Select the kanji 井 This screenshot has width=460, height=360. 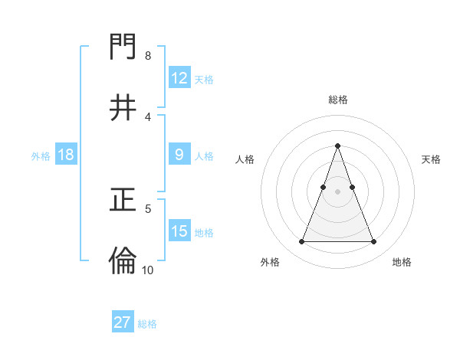pos(123,108)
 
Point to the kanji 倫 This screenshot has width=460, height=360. pos(123,261)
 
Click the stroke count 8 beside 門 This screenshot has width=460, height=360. pos(148,56)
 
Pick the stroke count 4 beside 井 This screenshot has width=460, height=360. pos(148,116)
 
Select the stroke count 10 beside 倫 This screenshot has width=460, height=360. pos(148,270)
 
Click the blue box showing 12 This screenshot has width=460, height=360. pos(179,78)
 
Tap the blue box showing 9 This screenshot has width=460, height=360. pos(179,155)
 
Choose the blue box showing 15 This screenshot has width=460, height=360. pos(179,231)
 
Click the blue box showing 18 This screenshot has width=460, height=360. pos(66,155)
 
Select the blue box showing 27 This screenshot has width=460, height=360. pos(123,322)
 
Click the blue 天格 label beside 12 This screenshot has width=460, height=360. pos(204,79)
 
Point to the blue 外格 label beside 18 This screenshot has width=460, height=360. pos(41,155)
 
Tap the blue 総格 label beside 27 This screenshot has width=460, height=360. pos(147,323)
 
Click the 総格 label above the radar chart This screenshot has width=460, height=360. pos(337,100)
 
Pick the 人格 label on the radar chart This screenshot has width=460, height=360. pos(245,159)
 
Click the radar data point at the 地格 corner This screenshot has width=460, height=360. pos(373,242)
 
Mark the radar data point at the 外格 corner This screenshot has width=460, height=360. pos(301,242)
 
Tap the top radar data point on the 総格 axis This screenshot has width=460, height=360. pos(337,146)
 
